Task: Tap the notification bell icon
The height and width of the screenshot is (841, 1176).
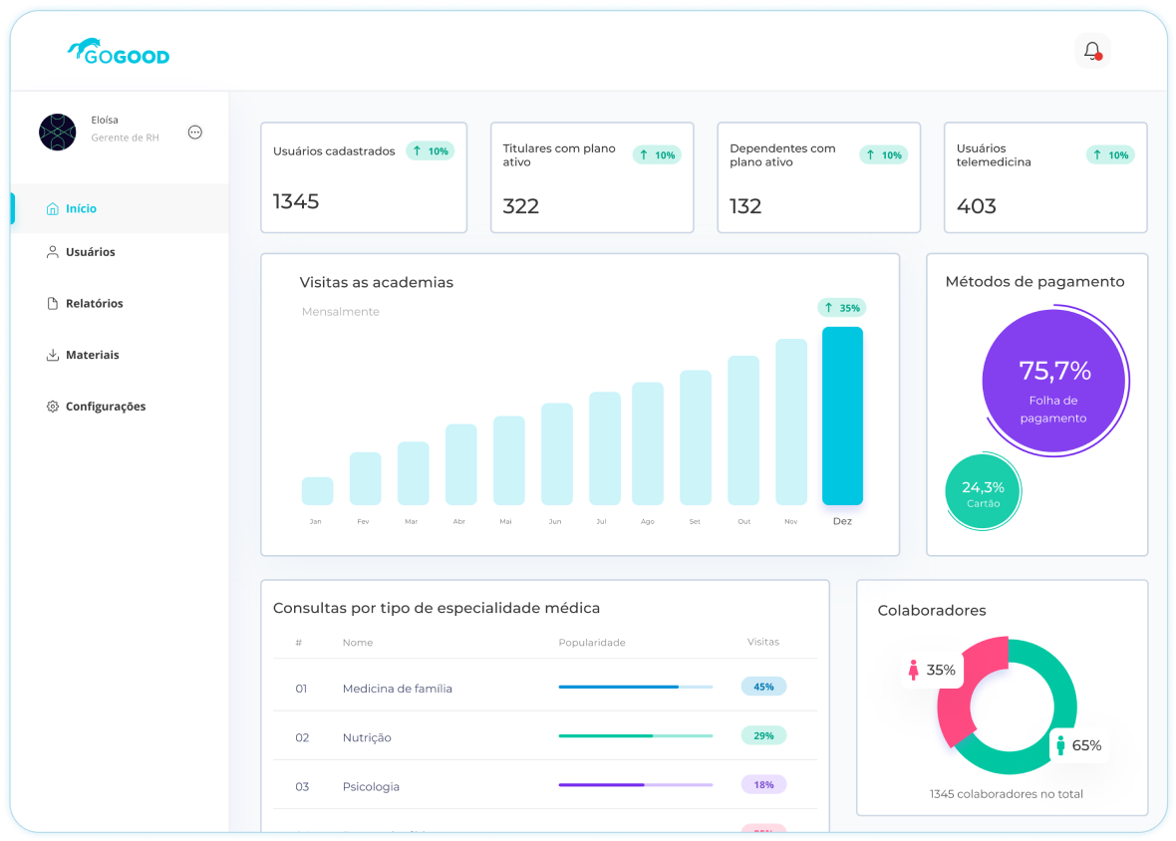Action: point(1092,51)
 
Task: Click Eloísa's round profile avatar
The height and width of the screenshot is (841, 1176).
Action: point(57,132)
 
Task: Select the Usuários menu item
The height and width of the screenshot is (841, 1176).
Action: point(90,252)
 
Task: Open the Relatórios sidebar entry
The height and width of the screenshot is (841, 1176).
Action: point(94,303)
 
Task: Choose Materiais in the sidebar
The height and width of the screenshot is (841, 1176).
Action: point(92,355)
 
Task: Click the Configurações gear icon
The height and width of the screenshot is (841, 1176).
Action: point(53,407)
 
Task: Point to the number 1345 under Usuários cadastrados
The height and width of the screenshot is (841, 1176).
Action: point(296,202)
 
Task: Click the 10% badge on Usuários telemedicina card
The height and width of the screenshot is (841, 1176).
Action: point(1110,154)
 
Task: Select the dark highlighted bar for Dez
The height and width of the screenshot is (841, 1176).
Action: point(842,416)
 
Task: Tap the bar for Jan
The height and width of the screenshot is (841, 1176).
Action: point(317,491)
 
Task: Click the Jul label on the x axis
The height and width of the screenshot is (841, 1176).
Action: point(600,521)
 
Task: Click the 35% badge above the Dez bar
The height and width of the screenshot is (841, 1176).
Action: point(841,308)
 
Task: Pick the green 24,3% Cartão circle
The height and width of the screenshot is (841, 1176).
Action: point(983,493)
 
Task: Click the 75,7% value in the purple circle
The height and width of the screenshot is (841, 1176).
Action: point(1054,372)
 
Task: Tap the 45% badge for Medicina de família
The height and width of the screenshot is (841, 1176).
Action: point(763,687)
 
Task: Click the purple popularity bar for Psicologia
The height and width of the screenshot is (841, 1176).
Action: point(601,785)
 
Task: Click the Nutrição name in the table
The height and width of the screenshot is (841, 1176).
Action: point(367,737)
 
